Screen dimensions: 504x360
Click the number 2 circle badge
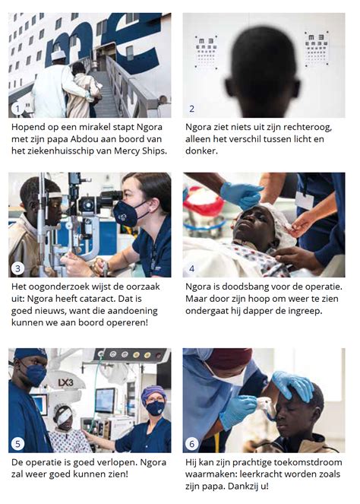point(192,109)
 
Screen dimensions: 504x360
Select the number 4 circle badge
point(192,269)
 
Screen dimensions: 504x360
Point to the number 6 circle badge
point(192,443)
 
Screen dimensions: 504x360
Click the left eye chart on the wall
point(207,50)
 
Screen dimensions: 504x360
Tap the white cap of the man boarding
point(58,55)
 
